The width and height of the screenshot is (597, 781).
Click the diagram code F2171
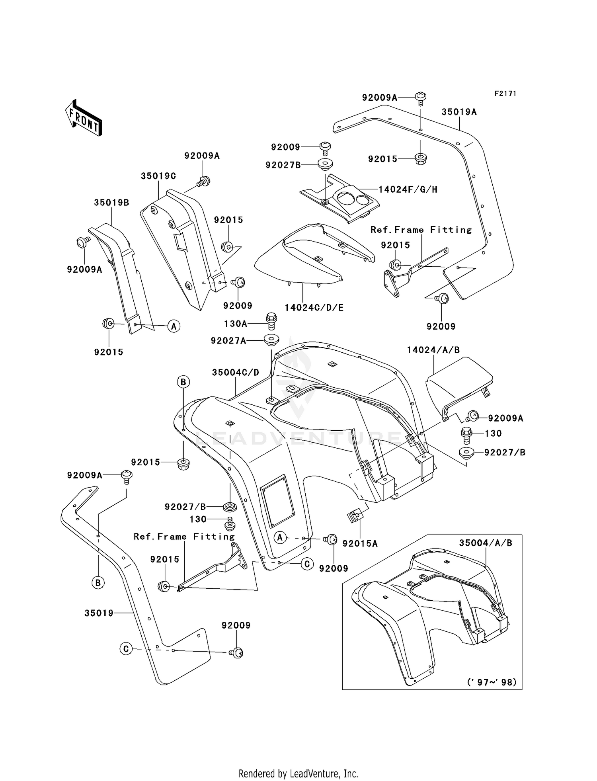point(505,94)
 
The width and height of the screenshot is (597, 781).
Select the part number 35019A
point(459,112)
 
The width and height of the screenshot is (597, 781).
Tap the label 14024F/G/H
point(408,189)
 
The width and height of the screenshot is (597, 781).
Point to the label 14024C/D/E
point(314,308)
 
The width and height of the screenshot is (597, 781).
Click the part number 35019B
point(111,203)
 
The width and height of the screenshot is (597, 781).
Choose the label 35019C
point(158,176)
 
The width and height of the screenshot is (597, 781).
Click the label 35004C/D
point(235,373)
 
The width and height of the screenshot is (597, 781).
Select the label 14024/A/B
point(433,350)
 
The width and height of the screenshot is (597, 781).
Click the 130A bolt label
point(236,324)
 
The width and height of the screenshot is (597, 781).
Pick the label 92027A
point(228,340)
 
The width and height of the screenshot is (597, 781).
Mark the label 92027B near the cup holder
point(283,165)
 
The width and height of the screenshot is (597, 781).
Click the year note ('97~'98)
point(492,682)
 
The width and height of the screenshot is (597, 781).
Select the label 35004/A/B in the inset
point(486,543)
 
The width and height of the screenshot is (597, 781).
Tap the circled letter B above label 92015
point(183,382)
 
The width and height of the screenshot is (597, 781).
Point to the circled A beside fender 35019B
point(174,326)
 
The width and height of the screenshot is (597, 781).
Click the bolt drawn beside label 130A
point(271,321)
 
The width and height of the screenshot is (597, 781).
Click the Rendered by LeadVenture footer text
point(298,773)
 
